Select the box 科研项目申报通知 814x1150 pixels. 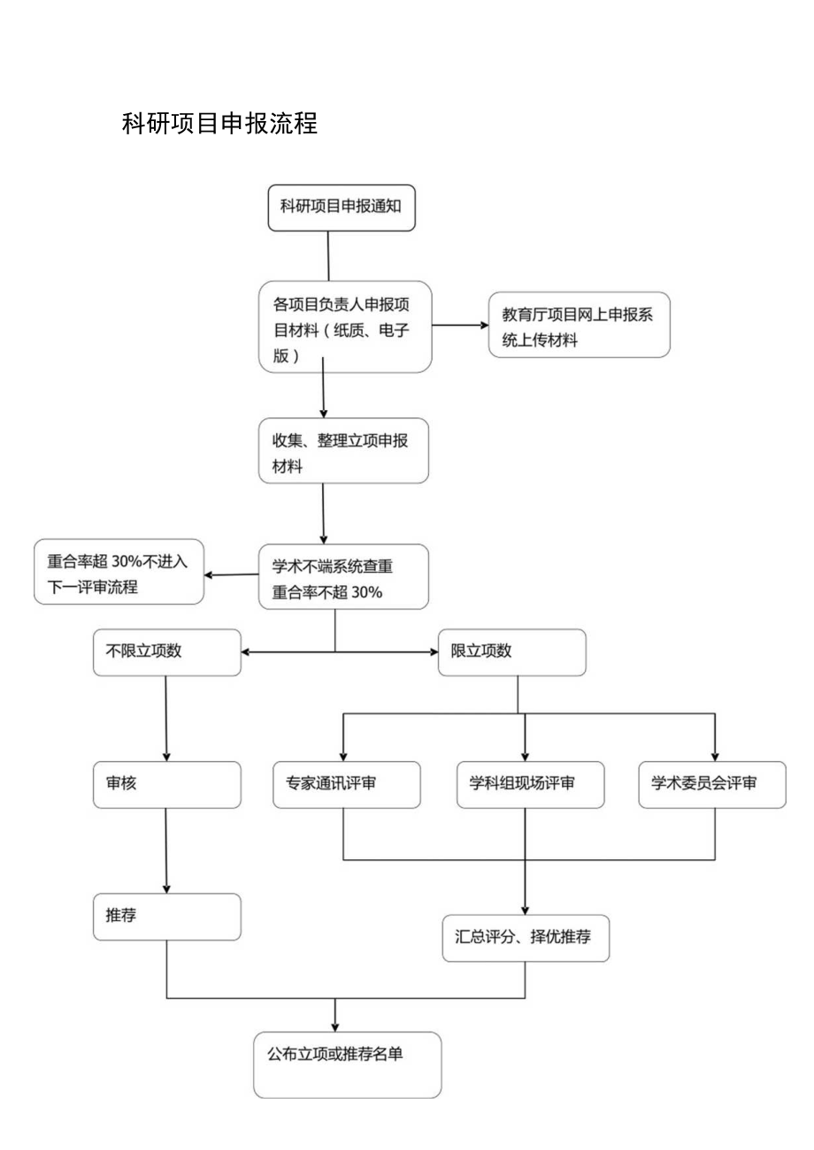coord(342,208)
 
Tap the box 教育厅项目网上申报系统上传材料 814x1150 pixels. coord(579,326)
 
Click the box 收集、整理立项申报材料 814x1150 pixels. coord(343,451)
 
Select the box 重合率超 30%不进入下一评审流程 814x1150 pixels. coord(119,572)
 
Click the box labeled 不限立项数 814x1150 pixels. coord(166,652)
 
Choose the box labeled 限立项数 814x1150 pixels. coord(511,652)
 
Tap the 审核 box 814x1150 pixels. coord(166,784)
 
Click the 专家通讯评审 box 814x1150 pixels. coord(347,784)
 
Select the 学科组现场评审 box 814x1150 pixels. coord(530,784)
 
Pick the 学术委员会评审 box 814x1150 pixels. coord(711,784)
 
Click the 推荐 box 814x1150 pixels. coord(166,917)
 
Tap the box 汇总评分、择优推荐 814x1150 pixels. coord(526,938)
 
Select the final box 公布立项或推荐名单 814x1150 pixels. coord(347,1064)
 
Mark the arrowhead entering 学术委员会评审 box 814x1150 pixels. coord(715,754)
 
